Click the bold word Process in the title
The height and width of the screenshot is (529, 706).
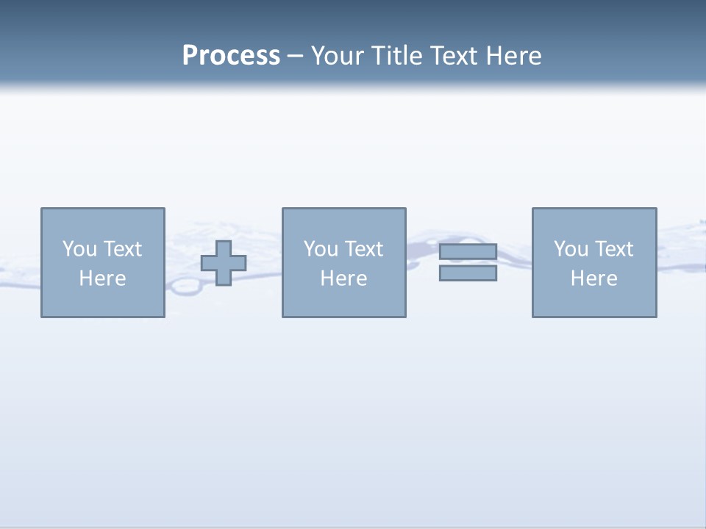pos(231,56)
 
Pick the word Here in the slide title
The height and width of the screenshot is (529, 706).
pos(515,56)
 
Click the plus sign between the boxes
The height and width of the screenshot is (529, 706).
pos(224,263)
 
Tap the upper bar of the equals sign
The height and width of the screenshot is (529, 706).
pos(468,252)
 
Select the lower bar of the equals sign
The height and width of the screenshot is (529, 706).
pos(468,273)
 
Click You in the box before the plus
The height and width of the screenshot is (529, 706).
pos(79,249)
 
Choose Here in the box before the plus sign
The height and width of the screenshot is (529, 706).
pos(102,278)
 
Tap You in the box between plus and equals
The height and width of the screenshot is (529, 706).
pos(321,249)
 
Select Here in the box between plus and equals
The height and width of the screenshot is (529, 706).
pos(343,278)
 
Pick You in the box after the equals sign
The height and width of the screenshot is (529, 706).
pos(571,249)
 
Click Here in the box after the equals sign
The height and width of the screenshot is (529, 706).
pos(593,278)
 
